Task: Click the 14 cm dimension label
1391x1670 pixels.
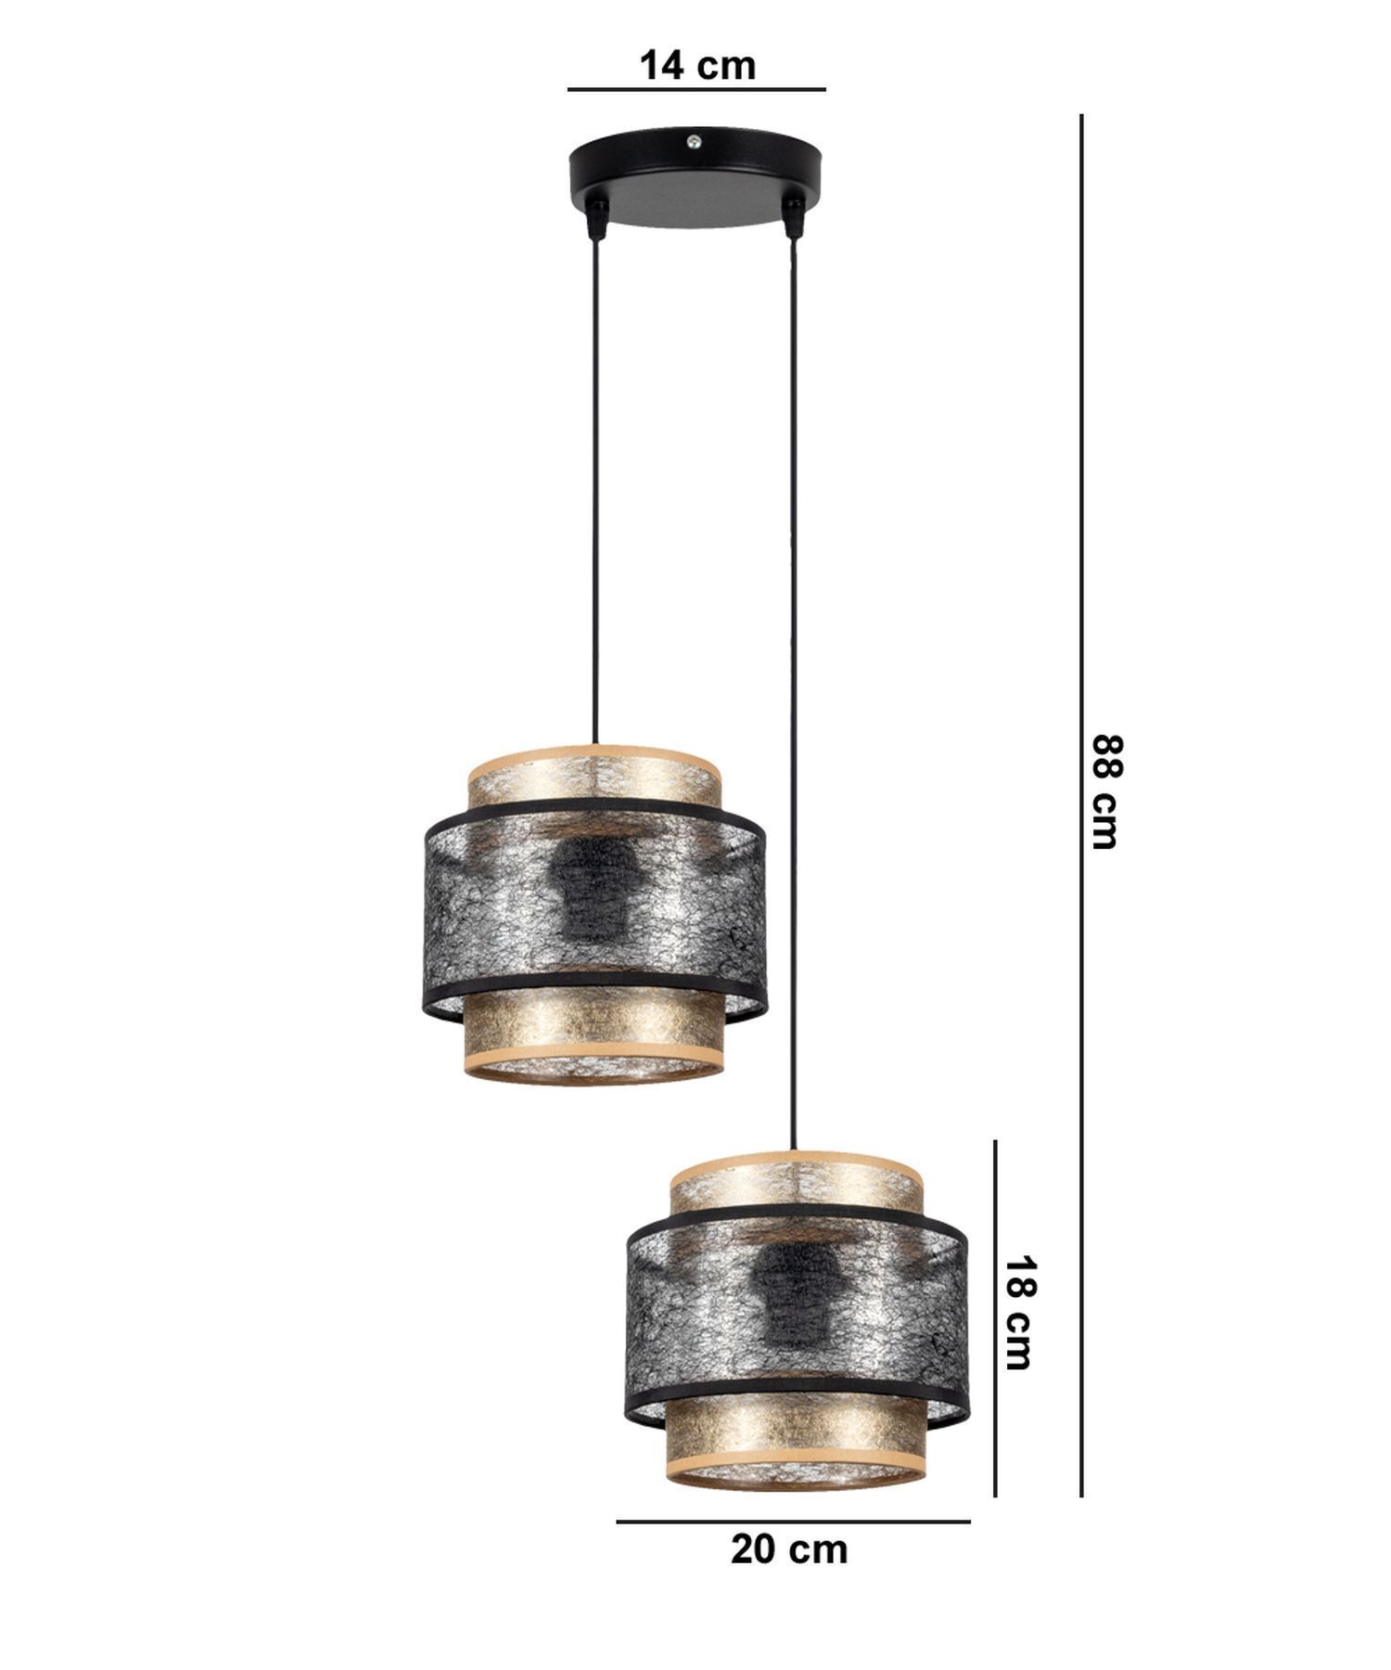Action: tap(697, 66)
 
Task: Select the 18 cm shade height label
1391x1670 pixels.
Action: tap(1017, 1313)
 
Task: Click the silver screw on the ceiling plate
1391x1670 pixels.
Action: tap(694, 142)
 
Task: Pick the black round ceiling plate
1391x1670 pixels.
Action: tap(695, 181)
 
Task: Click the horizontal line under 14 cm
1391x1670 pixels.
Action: tap(696, 90)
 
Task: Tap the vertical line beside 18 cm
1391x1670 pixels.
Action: tap(995, 1317)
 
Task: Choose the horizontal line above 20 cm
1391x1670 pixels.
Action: tap(793, 1522)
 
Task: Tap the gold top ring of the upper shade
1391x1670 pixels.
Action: tap(593, 770)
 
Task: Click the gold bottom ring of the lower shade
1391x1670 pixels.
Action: tap(796, 1471)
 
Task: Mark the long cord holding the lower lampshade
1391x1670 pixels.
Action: tap(793, 696)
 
